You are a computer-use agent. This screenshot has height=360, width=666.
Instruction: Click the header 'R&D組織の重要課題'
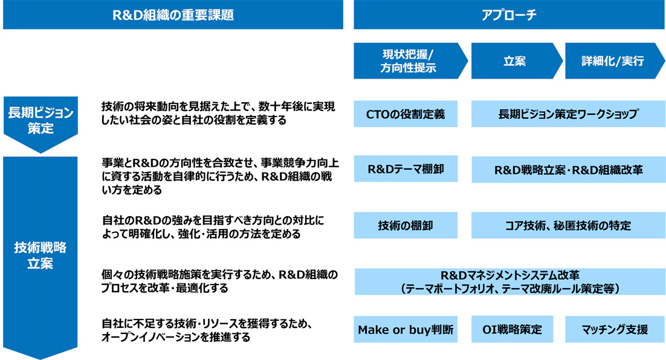tap(173, 15)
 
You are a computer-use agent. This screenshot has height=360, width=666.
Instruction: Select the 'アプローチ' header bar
tap(509, 15)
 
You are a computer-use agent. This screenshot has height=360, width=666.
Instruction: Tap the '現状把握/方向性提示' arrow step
tap(410, 61)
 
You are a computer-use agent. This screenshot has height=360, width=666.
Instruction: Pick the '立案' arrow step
tap(517, 61)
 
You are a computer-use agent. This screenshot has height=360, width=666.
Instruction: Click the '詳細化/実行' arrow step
tap(614, 61)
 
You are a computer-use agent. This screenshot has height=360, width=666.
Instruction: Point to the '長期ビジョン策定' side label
tap(40, 124)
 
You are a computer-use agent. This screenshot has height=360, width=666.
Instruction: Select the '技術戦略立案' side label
tap(40, 257)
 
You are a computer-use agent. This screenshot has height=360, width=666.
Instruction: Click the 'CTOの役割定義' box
tap(406, 114)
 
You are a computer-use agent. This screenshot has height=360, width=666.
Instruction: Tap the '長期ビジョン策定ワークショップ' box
tap(568, 114)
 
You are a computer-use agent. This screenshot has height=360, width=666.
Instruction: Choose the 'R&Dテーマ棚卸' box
tap(406, 169)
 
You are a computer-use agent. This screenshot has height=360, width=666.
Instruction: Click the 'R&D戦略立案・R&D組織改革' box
tap(568, 170)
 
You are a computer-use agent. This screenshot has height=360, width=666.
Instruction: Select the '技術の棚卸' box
tap(406, 225)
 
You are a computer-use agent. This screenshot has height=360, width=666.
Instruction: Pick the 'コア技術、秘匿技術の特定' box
tap(568, 225)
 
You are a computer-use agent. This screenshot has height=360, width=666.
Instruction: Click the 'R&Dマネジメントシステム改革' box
tap(509, 281)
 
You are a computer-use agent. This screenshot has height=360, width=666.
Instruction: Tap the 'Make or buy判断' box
tap(406, 329)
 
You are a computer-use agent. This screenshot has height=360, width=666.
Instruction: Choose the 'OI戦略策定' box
tap(512, 329)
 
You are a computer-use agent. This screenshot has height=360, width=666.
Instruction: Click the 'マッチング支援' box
tap(615, 329)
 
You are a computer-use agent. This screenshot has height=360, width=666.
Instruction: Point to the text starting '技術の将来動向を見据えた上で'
tap(218, 114)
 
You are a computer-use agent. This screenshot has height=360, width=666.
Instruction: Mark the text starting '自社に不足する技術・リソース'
tap(207, 330)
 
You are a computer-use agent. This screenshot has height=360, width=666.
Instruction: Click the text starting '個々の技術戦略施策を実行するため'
tap(219, 281)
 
